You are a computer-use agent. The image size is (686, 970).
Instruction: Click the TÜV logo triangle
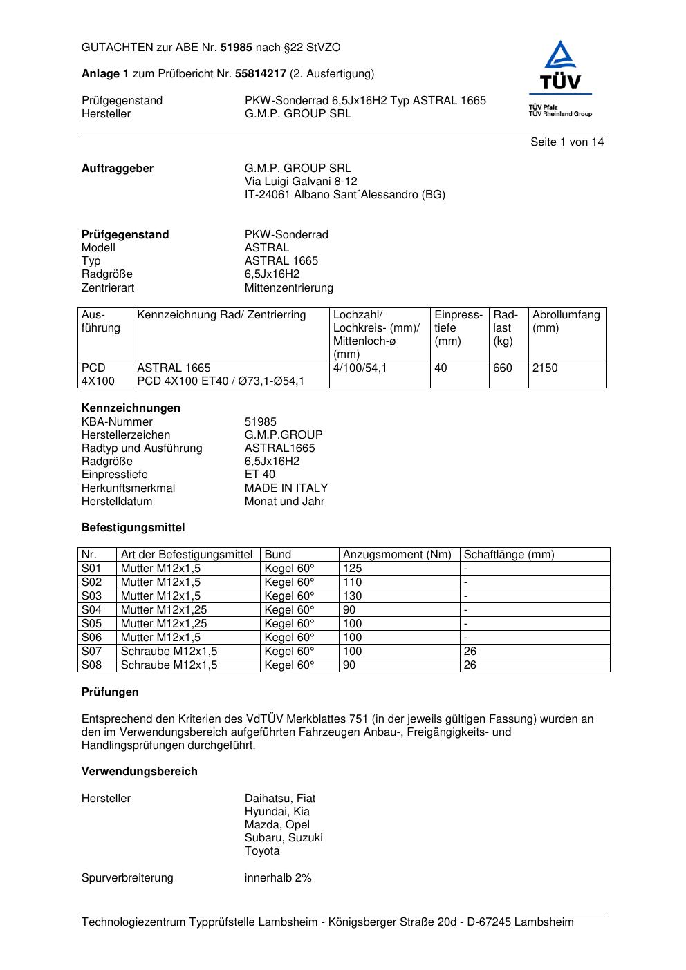tap(559, 56)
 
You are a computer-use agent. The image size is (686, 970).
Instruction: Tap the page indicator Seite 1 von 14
tap(567, 142)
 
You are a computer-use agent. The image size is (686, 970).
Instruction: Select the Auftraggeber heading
tap(118, 169)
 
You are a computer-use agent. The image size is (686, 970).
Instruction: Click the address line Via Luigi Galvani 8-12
tap(301, 182)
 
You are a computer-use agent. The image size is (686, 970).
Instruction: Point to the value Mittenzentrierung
tap(288, 288)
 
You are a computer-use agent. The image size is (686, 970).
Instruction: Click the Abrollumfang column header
tap(566, 316)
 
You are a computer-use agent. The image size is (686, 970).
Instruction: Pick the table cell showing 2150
tap(545, 368)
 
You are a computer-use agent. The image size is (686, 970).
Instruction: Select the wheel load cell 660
tap(503, 368)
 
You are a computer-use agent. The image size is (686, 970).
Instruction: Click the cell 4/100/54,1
tap(360, 368)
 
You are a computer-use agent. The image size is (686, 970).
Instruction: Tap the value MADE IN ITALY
tap(286, 488)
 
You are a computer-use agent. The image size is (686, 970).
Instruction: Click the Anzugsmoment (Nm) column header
tap(397, 555)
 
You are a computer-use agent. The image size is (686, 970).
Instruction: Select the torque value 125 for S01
tap(352, 569)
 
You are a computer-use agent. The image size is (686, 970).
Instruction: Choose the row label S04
tap(91, 610)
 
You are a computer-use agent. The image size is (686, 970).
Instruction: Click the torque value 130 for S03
tap(352, 596)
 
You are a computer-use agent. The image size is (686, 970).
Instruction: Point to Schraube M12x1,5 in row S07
tap(169, 652)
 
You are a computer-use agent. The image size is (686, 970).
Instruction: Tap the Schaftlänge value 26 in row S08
tap(470, 665)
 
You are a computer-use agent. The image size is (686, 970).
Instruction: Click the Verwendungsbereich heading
tap(139, 772)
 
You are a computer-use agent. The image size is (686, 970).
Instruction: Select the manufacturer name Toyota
tap(262, 851)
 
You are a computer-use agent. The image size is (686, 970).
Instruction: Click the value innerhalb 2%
tap(278, 878)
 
